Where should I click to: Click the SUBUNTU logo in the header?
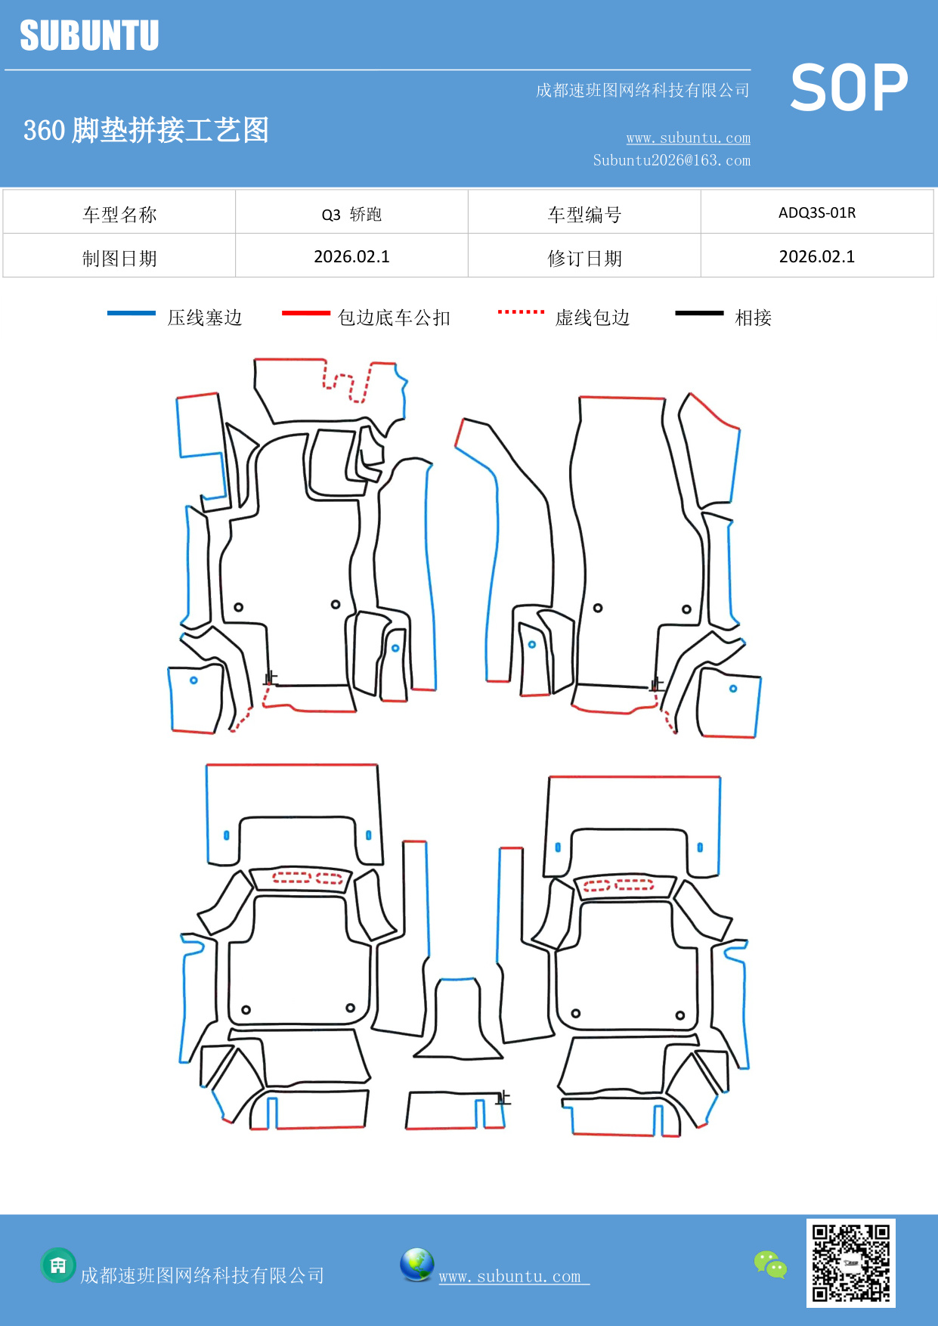89,36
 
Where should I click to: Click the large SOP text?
849,88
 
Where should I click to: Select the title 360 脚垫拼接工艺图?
146,130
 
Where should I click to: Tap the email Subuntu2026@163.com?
671,160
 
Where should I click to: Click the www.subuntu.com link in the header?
688,138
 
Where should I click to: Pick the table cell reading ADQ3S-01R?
817,212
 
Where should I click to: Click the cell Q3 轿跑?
351,215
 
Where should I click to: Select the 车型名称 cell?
119,215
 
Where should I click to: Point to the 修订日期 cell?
584,259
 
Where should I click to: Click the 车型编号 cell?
584,215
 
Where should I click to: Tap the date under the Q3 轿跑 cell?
351,257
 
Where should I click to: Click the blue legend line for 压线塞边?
132,313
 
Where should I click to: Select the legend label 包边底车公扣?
394,318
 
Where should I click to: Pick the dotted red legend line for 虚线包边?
521,311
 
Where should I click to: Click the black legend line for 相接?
699,313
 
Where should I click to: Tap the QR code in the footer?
850,1263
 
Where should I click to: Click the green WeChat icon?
770,1264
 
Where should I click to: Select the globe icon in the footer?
416,1264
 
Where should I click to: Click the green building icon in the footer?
58,1265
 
